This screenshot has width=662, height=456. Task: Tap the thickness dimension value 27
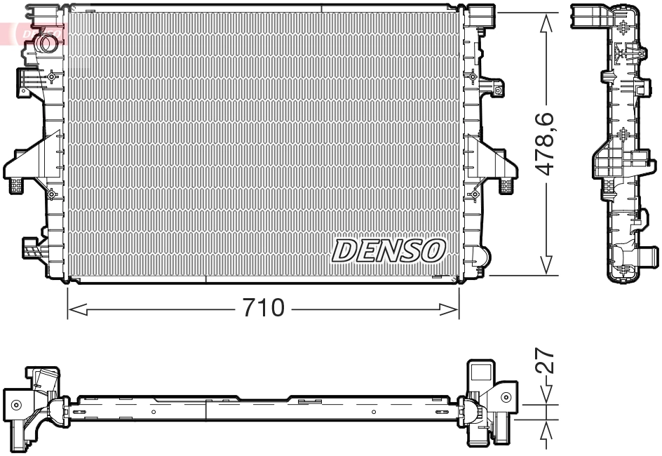click(x=548, y=363)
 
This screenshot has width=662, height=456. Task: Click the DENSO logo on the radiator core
click(x=389, y=250)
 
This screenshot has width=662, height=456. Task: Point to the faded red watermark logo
click(x=32, y=32)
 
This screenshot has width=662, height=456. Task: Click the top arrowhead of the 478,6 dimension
click(x=546, y=20)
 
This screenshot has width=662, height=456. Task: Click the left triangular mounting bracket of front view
click(x=28, y=163)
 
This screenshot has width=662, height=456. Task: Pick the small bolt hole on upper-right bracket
click(x=498, y=90)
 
